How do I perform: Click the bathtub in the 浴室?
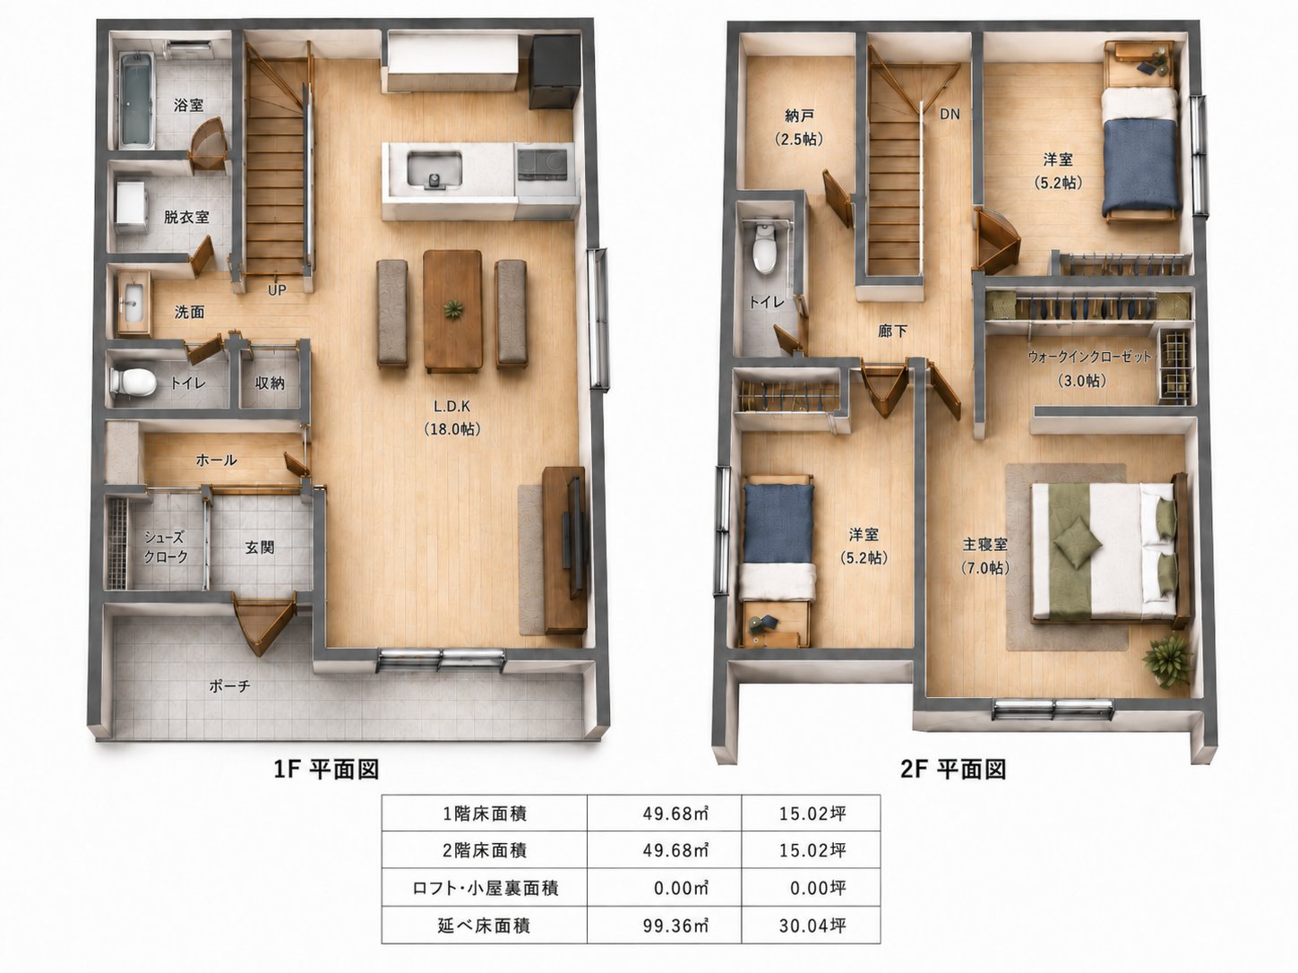(x=136, y=100)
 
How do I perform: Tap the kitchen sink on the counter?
(x=434, y=170)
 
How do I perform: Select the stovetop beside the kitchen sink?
(x=542, y=163)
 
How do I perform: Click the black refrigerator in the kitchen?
(x=554, y=72)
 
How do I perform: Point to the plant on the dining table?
(x=453, y=309)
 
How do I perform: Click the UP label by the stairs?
(x=277, y=289)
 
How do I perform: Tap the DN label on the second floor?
(x=950, y=114)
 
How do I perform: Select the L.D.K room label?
(x=451, y=407)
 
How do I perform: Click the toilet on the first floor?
(x=133, y=382)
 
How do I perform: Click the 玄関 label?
(x=260, y=547)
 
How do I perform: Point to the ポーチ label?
(x=229, y=686)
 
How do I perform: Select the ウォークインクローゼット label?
(x=1090, y=357)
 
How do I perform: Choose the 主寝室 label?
(x=985, y=544)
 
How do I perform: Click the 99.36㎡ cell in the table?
(x=675, y=926)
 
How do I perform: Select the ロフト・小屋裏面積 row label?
(x=485, y=888)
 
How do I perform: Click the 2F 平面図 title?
(x=952, y=770)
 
